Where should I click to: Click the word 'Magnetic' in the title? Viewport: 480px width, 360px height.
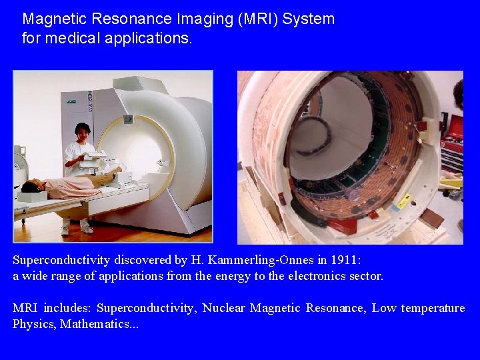(52, 19)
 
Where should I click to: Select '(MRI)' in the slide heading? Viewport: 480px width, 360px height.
(255, 19)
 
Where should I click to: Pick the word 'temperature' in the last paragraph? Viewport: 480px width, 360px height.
(431, 308)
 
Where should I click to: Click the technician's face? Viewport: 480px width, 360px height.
(83, 132)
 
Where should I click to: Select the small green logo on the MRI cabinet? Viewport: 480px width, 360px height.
(69, 103)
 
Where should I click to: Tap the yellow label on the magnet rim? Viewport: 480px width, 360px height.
(405, 200)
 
